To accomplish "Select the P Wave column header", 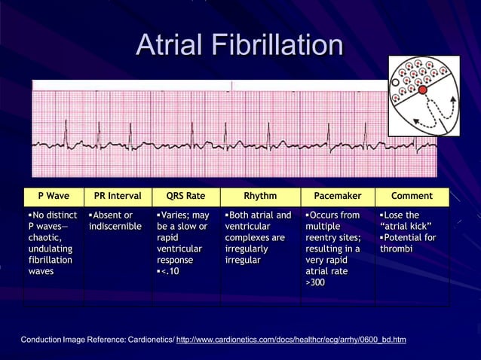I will click(x=54, y=196).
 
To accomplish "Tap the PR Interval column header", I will click(x=118, y=196).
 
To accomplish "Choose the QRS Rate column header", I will click(x=185, y=196).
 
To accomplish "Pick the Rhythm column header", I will click(x=260, y=196).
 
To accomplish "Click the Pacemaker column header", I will click(x=337, y=196).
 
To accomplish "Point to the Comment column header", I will click(x=412, y=196).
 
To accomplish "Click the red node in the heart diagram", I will click(x=423, y=90).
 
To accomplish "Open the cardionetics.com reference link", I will click(x=290, y=340).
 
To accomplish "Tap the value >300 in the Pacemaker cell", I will click(x=315, y=282).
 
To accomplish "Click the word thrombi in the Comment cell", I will click(x=397, y=249).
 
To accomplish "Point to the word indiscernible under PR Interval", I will click(x=115, y=226).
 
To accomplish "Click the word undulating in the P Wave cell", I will click(x=51, y=249).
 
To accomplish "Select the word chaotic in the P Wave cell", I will click(x=47, y=237).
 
